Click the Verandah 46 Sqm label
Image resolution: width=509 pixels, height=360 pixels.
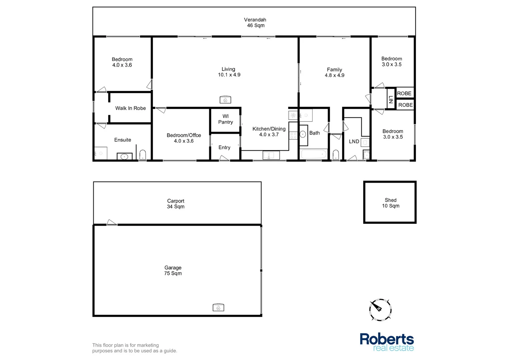pos(255,23)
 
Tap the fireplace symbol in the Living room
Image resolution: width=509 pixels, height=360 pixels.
pos(225,99)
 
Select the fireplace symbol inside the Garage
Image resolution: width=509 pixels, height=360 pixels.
pos(218,307)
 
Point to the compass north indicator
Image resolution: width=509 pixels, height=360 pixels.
pos(380,310)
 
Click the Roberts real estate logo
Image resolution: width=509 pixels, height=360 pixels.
pos(387,342)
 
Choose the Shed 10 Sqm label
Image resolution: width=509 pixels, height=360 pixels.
pos(391,203)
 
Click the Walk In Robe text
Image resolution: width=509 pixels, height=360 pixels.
pos(131,108)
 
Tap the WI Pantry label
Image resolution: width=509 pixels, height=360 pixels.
pos(226,119)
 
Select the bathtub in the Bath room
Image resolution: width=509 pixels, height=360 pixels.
pos(314,154)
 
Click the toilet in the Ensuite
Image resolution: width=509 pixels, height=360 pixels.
pos(143,155)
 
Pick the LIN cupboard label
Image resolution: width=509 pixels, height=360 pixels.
pos(391,99)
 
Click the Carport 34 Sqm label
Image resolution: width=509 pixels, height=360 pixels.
pos(176,204)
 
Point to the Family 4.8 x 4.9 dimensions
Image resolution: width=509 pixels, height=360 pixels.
pos(335,75)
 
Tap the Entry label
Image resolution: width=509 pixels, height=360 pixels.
pos(224,148)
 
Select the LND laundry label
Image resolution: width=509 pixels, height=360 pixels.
pos(354,142)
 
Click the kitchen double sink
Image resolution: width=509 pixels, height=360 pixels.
pos(271,155)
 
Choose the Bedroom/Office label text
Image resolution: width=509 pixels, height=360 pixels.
pos(184,135)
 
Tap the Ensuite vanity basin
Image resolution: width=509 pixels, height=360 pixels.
pos(124,156)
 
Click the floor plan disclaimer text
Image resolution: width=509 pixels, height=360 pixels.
pos(135,348)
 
